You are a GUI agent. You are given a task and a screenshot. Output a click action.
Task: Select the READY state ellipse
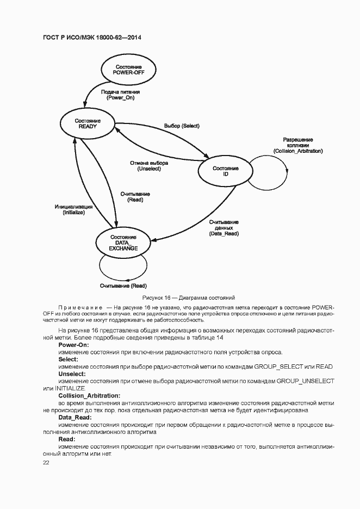tap(88, 123)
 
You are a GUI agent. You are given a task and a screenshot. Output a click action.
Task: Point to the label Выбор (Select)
tap(182, 126)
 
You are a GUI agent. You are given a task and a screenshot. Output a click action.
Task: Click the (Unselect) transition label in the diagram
tap(148, 169)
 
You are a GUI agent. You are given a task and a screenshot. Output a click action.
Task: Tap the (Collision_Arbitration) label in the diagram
tap(298, 151)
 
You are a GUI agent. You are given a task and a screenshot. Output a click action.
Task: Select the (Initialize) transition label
tap(73, 213)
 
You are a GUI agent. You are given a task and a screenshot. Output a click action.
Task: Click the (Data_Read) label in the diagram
tap(224, 233)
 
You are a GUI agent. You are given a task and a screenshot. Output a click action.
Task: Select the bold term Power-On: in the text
tap(74, 345)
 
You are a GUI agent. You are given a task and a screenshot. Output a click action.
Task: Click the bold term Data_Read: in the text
tap(75, 417)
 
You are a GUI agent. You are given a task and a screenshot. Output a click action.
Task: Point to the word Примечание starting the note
tap(81, 308)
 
